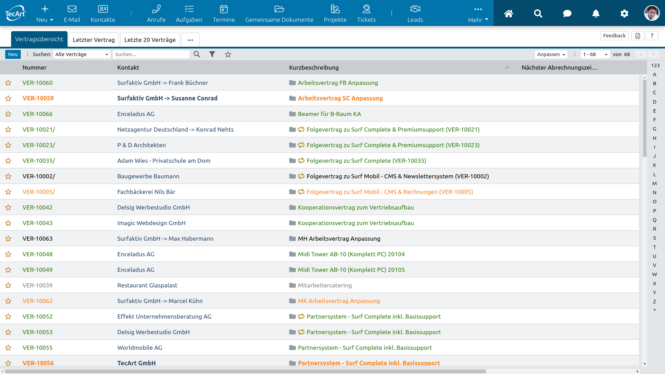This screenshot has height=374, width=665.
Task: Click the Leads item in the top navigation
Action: pyautogui.click(x=415, y=14)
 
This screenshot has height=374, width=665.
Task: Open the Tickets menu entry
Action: pyautogui.click(x=366, y=14)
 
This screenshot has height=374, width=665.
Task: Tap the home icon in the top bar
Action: pyautogui.click(x=508, y=14)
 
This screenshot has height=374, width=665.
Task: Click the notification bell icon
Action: pyautogui.click(x=596, y=14)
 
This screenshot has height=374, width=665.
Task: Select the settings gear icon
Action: pyautogui.click(x=624, y=14)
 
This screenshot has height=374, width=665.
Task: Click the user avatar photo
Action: pyautogui.click(x=652, y=13)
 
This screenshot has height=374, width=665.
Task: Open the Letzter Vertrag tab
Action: pyautogui.click(x=94, y=40)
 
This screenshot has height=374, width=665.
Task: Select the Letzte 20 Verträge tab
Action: pyautogui.click(x=150, y=40)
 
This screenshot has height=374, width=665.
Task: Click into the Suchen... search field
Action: pyautogui.click(x=151, y=54)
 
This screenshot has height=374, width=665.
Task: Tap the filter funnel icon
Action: pyautogui.click(x=212, y=54)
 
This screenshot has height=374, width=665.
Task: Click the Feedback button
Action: pyautogui.click(x=614, y=36)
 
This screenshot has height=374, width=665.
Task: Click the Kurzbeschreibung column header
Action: pyautogui.click(x=314, y=68)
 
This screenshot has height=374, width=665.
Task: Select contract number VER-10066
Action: pyautogui.click(x=37, y=114)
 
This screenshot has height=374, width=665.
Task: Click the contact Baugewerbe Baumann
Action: pyautogui.click(x=148, y=176)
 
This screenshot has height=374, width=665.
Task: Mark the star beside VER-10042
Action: pyautogui.click(x=8, y=207)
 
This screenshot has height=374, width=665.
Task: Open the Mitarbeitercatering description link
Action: pyautogui.click(x=325, y=285)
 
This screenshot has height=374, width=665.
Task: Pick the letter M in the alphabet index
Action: pyautogui.click(x=655, y=184)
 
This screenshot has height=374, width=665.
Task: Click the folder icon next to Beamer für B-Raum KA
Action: pyautogui.click(x=292, y=114)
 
